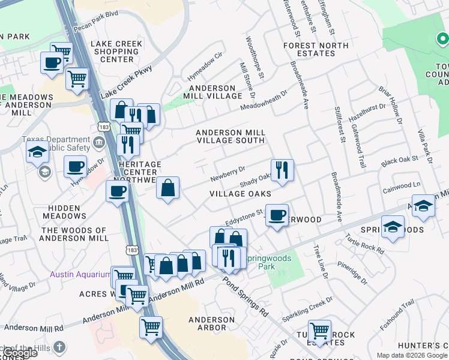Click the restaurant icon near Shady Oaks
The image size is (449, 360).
click(282, 170)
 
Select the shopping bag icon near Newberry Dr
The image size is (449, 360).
click(168, 188)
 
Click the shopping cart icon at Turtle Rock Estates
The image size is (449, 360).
click(319, 330)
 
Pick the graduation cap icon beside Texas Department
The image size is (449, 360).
click(37, 152)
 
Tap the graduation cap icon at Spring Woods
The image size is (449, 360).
click(393, 227)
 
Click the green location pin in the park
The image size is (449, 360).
click(441, 40)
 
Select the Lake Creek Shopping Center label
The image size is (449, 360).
click(116, 52)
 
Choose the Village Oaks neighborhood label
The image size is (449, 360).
click(240, 194)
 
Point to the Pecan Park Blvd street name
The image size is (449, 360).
click(96, 29)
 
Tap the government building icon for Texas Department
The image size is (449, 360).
click(99, 143)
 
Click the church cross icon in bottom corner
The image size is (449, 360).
click(59, 347)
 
